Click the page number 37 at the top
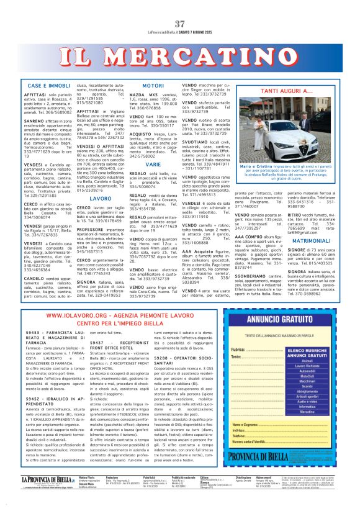[x=180, y=24]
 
